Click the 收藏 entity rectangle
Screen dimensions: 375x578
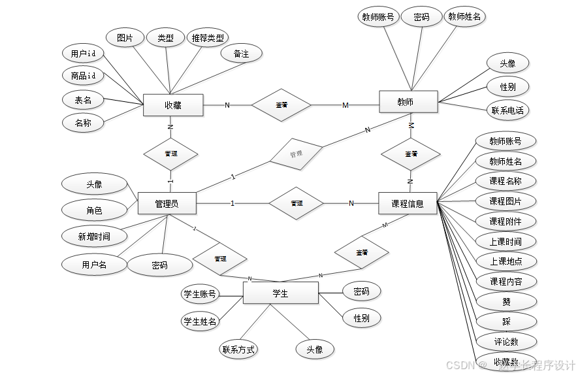[173, 105]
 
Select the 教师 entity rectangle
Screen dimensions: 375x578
[408, 101]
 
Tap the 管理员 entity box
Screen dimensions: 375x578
[167, 203]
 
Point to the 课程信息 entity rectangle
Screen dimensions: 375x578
[408, 203]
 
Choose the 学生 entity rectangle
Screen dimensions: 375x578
[280, 293]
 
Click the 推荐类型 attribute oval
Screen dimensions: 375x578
[208, 38]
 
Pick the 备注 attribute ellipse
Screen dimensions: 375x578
[241, 54]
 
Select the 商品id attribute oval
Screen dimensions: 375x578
[88, 76]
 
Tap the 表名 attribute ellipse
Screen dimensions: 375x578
[84, 100]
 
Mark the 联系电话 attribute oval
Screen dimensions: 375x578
[507, 110]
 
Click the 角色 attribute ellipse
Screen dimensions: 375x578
[94, 210]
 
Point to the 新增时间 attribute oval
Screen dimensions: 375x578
[94, 236]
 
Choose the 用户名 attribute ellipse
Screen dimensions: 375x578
[94, 265]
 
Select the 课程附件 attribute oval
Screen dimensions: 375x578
[506, 221]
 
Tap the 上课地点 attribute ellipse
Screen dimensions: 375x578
[506, 261]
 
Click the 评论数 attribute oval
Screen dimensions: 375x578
[506, 341]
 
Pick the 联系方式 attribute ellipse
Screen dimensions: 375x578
[238, 349]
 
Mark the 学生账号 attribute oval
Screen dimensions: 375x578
[199, 294]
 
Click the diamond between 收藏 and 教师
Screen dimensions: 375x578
[282, 105]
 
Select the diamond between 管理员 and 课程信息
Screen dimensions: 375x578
[297, 203]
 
